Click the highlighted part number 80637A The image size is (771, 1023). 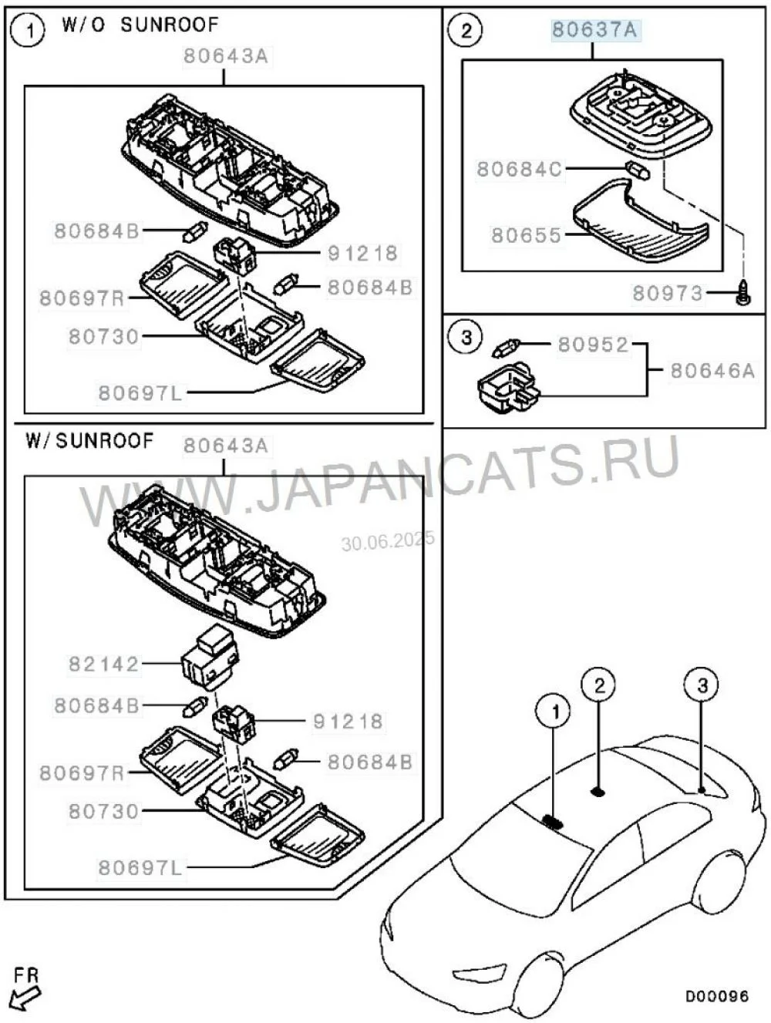click(594, 30)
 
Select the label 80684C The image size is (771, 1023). click(519, 169)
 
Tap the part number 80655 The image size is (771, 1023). click(527, 235)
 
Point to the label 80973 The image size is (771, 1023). click(668, 293)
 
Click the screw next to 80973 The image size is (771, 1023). click(742, 294)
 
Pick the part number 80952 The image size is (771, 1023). click(593, 345)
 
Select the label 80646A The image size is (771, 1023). click(712, 371)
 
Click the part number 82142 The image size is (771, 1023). click(103, 664)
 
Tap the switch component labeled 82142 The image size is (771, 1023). click(210, 657)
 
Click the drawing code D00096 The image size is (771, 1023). click(716, 996)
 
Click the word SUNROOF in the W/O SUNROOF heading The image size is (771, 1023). click(170, 25)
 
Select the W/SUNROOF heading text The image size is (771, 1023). click(89, 440)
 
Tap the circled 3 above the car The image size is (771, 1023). click(702, 685)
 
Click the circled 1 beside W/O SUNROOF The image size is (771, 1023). click(29, 32)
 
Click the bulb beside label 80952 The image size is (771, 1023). click(507, 348)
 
